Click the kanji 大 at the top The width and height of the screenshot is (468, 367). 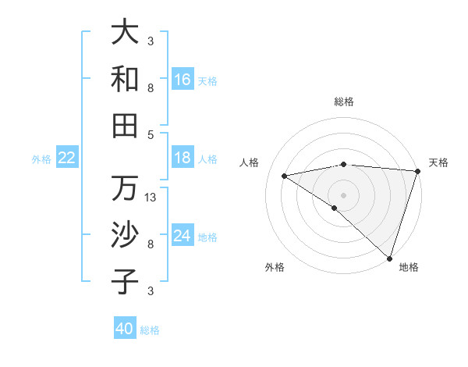126,33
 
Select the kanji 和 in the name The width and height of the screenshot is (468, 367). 126,79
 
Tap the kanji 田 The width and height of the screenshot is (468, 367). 126,125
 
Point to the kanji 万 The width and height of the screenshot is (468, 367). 126,188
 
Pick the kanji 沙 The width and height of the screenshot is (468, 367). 126,234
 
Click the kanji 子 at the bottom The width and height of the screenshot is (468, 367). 126,281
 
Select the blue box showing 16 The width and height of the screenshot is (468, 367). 183,80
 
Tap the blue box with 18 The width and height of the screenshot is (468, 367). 183,158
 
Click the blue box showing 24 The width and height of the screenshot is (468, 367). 183,236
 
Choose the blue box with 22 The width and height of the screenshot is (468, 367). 67,158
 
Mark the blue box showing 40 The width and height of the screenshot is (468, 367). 125,329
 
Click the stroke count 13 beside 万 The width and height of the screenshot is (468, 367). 151,198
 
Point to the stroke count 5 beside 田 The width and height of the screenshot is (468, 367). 151,134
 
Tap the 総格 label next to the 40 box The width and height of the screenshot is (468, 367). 150,330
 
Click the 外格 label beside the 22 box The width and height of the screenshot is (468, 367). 41,159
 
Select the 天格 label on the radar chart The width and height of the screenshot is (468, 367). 438,162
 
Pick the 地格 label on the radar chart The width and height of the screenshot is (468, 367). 409,267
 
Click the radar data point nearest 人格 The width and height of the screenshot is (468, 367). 285,176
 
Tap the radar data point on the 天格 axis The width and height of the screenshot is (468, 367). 418,171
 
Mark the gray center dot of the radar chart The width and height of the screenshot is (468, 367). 343,194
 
